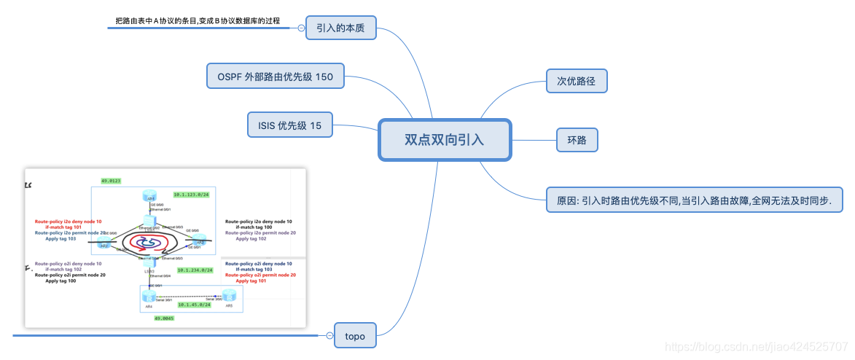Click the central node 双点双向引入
click(445, 139)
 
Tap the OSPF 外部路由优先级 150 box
click(276, 76)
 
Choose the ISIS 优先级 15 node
click(290, 125)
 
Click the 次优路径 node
click(577, 81)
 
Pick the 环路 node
click(577, 139)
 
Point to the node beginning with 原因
click(694, 198)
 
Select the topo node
click(355, 336)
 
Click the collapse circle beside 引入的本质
click(301, 28)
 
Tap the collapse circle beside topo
click(329, 336)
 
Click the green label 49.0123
click(111, 180)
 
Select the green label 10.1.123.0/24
click(192, 195)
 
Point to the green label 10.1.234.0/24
click(195, 270)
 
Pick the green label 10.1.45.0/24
click(194, 305)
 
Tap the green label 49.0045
click(164, 318)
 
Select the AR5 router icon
click(229, 296)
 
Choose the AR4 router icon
click(149, 297)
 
